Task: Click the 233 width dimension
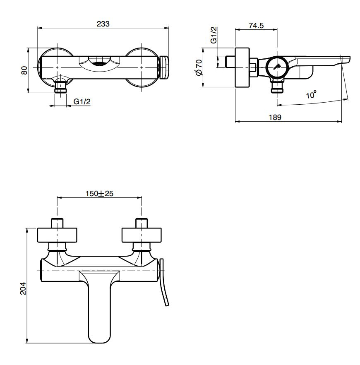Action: click(x=103, y=24)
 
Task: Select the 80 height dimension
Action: click(x=24, y=71)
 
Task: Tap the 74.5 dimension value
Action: click(x=256, y=26)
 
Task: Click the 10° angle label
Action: click(x=311, y=95)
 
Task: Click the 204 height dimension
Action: click(x=23, y=288)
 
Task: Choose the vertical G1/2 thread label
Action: click(x=214, y=36)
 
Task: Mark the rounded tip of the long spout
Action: click(x=99, y=337)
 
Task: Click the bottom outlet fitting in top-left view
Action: click(x=61, y=87)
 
